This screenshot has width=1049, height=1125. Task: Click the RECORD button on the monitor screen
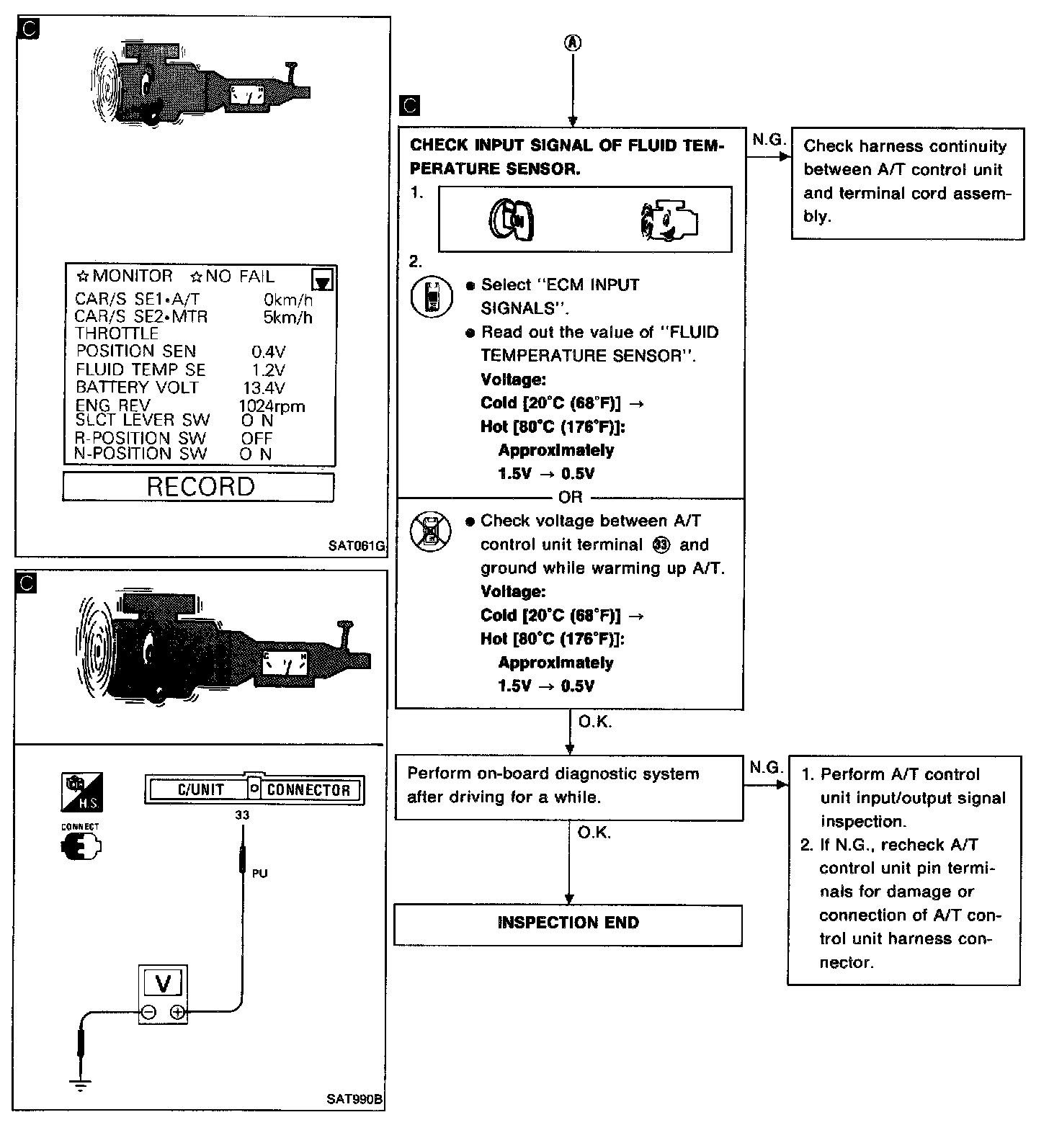[199, 487]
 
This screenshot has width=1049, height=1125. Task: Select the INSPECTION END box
[568, 924]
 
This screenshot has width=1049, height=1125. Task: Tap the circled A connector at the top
[573, 43]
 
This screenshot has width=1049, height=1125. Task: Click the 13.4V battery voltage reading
[264, 388]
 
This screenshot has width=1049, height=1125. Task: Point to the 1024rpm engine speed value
[272, 406]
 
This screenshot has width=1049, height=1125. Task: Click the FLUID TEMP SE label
[141, 370]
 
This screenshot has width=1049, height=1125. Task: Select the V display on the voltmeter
[163, 983]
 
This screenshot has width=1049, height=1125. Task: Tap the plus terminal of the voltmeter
[177, 1012]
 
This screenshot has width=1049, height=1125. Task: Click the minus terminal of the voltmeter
[149, 1012]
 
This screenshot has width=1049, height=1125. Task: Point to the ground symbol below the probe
[80, 1085]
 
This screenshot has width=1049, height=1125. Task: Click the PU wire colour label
[260, 874]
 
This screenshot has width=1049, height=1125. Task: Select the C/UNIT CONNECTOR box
[255, 790]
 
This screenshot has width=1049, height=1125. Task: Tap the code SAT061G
[356, 546]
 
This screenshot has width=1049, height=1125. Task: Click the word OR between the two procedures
[570, 498]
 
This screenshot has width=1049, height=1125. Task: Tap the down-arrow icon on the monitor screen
[323, 280]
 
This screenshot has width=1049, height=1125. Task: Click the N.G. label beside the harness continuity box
[768, 140]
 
